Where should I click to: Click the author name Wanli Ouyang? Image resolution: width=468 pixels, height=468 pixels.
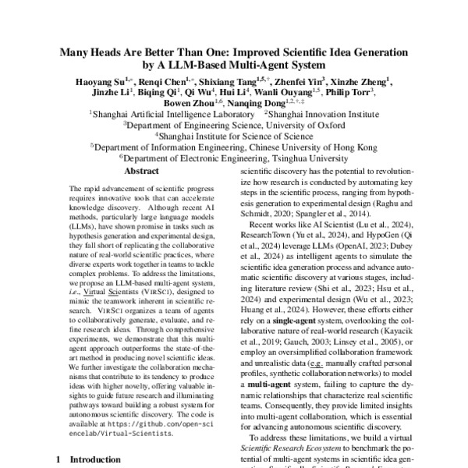(x=292, y=91)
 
